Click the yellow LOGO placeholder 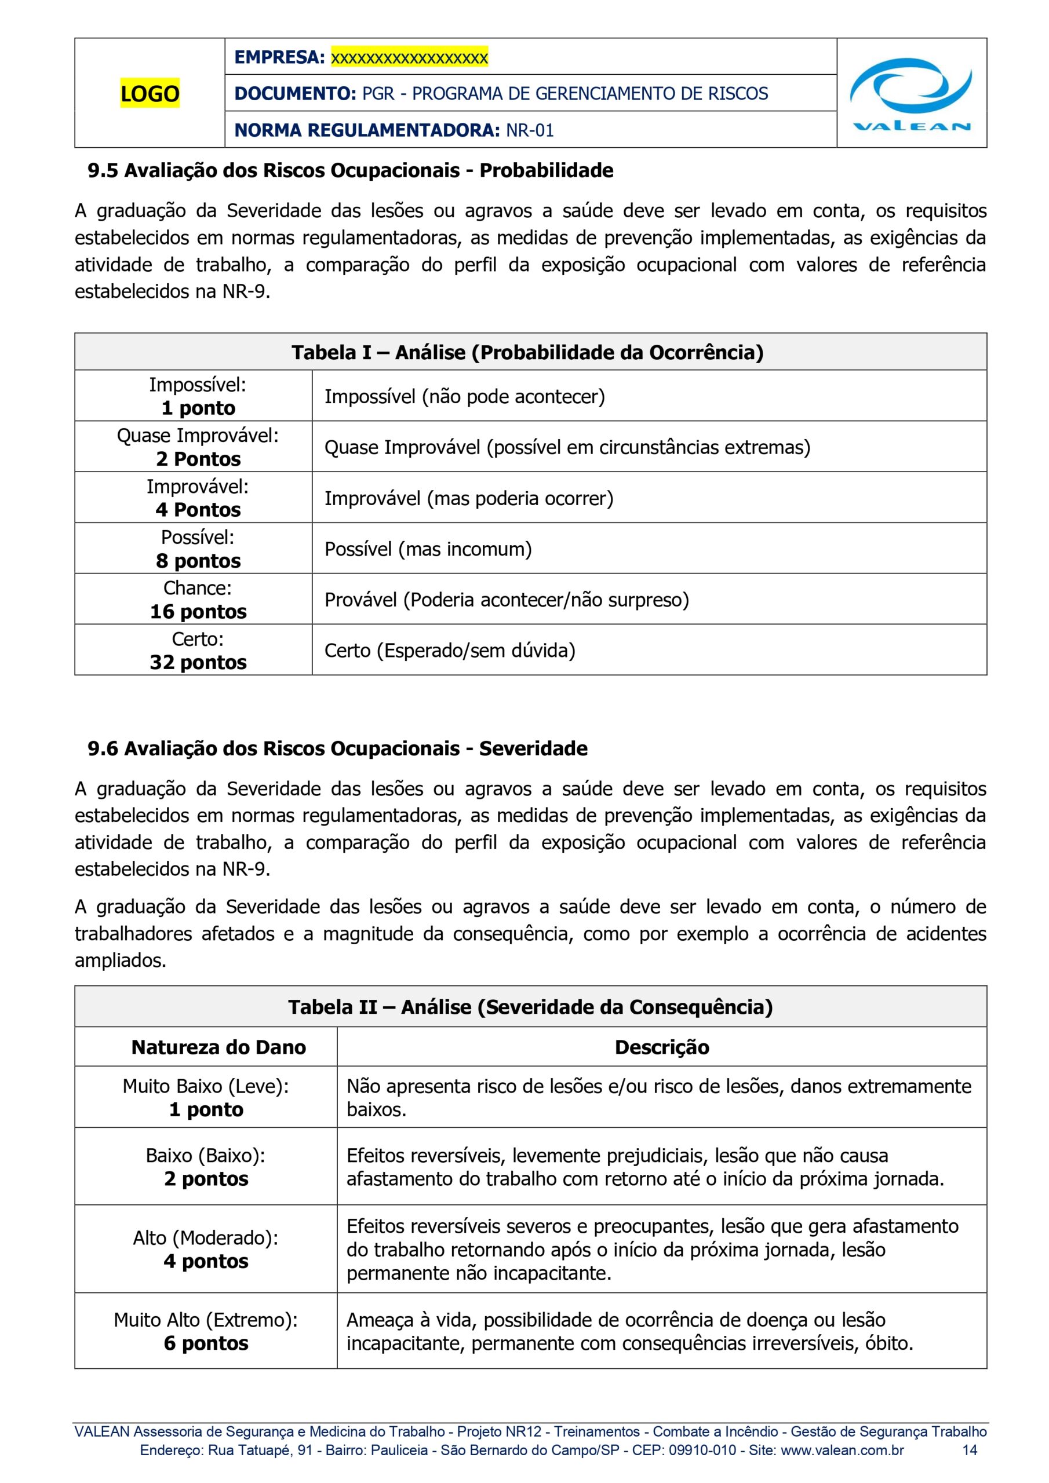point(150,94)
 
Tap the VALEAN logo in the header point(911,94)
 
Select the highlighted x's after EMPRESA point(409,57)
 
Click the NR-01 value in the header point(529,130)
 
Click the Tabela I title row point(527,353)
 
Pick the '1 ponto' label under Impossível point(198,408)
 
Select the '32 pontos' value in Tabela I point(198,663)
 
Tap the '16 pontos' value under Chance point(198,612)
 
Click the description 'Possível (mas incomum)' point(428,549)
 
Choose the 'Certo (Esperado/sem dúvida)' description point(450,651)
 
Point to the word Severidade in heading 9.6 point(533,748)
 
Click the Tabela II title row point(530,1007)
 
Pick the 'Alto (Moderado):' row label point(206,1237)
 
